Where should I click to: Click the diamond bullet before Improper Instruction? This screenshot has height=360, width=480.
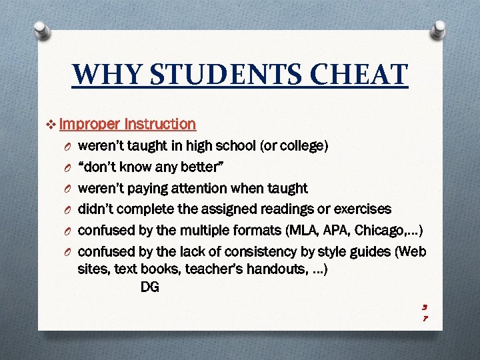click(x=53, y=124)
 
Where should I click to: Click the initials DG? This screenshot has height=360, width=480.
click(x=150, y=287)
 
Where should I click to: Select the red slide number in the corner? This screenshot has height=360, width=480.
click(x=424, y=313)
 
